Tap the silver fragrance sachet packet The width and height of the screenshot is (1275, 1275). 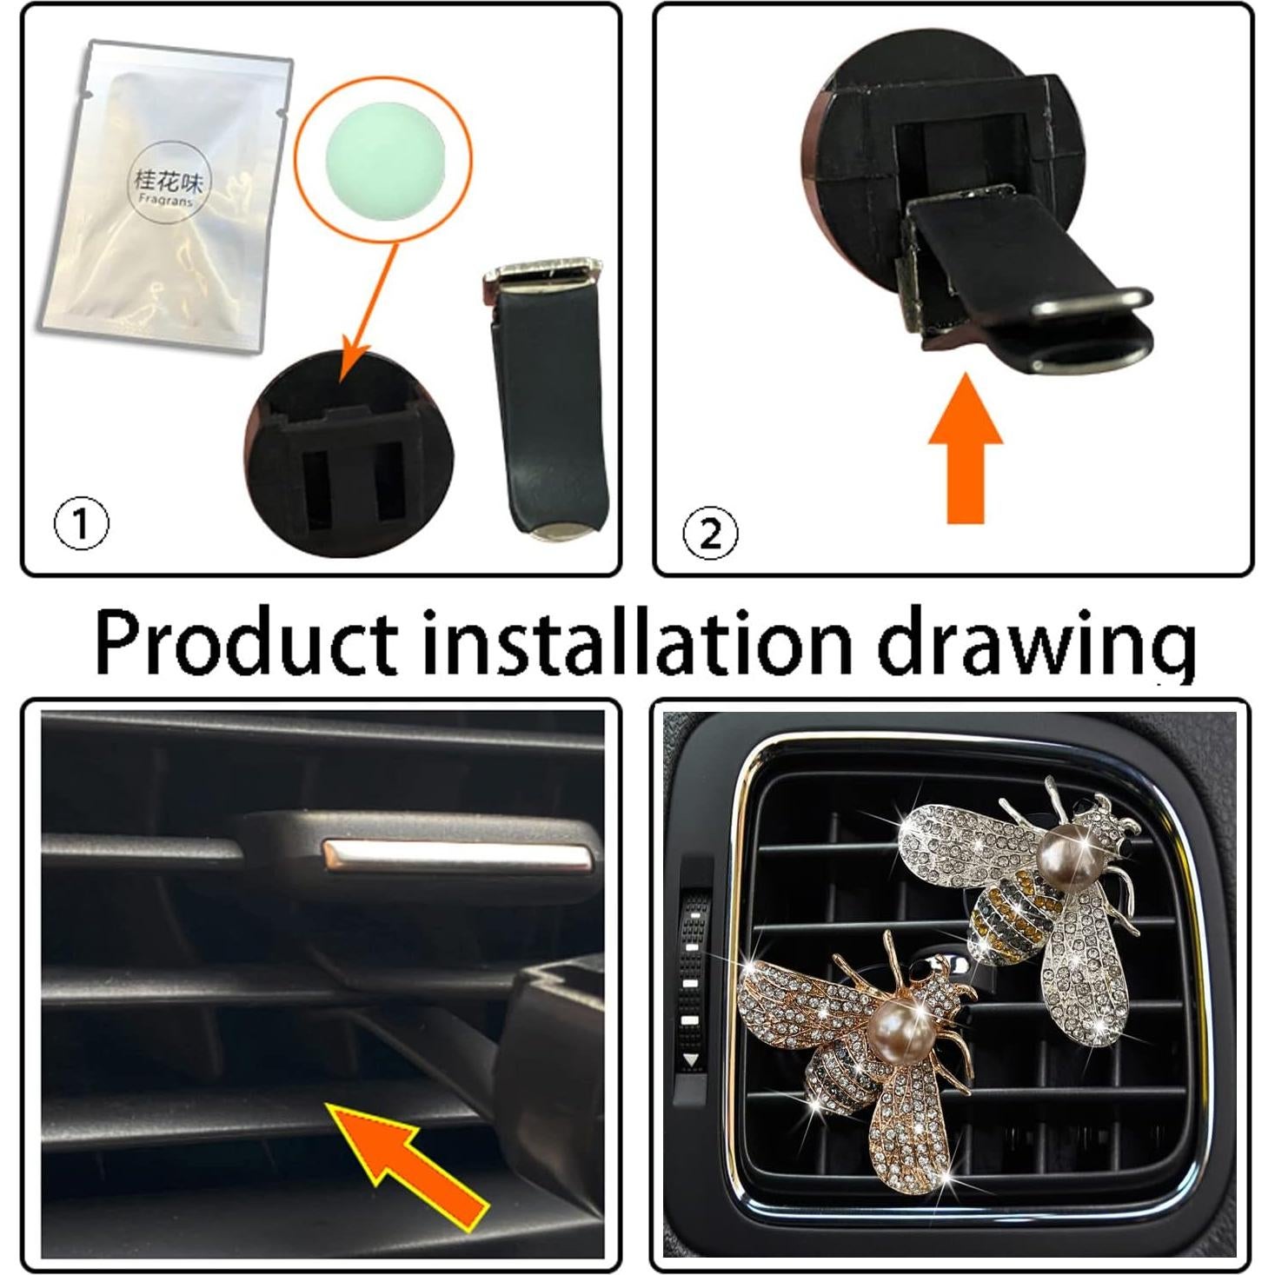click(x=165, y=200)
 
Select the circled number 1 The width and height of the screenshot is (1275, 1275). click(x=82, y=523)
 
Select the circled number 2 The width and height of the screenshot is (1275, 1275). click(x=710, y=533)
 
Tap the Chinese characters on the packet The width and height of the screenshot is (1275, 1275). click(x=168, y=181)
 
